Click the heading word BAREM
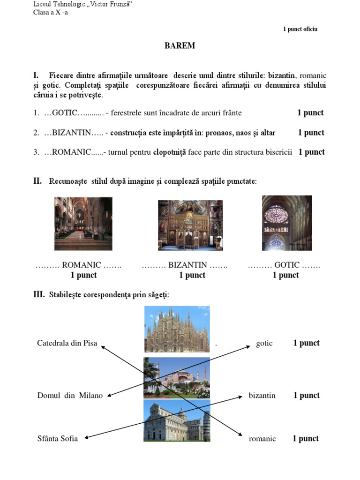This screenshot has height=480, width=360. [180, 46]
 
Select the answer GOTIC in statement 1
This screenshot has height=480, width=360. [64, 113]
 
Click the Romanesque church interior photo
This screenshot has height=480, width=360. [83, 224]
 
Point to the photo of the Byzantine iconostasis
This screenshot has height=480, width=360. [190, 225]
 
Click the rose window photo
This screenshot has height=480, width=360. [286, 223]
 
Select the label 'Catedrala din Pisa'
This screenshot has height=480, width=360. [67, 343]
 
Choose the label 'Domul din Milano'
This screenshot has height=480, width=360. [70, 396]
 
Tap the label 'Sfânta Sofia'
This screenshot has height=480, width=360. [57, 439]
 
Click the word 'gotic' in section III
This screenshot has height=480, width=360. [264, 343]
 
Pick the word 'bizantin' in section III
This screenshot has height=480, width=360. [262, 396]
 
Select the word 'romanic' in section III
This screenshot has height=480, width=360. [262, 439]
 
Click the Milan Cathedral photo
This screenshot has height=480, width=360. [177, 329]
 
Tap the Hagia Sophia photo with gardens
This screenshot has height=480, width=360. [177, 378]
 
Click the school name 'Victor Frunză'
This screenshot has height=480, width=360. [111, 4]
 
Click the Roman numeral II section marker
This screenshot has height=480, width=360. [37, 181]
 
